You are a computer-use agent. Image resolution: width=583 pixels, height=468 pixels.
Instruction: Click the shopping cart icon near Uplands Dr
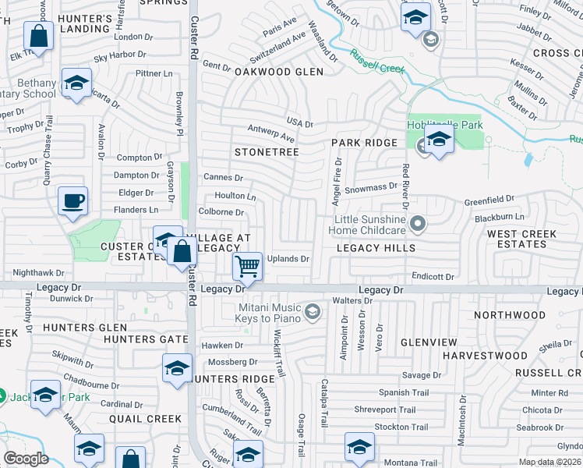tap(248, 267)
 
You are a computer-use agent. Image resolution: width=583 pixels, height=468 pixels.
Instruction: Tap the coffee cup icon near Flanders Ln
tap(72, 201)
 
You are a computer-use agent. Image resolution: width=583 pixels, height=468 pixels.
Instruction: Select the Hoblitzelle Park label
tap(445, 125)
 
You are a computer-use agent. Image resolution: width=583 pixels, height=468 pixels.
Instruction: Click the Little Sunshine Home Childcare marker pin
tap(418, 225)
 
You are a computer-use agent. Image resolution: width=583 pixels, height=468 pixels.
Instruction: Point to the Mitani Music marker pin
tap(313, 313)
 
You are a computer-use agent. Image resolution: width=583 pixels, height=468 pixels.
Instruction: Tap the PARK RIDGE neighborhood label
tap(364, 143)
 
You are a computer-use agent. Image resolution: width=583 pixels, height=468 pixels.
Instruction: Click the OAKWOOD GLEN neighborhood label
tap(278, 71)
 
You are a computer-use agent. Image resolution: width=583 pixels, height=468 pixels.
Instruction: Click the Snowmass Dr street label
tap(371, 188)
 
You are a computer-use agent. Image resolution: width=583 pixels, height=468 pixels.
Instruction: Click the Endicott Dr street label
tap(433, 277)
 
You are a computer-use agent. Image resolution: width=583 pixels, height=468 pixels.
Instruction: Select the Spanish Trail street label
tap(404, 392)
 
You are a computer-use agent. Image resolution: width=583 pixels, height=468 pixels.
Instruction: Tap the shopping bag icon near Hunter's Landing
tap(38, 35)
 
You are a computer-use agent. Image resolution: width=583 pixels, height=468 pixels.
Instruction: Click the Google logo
tap(26, 458)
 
